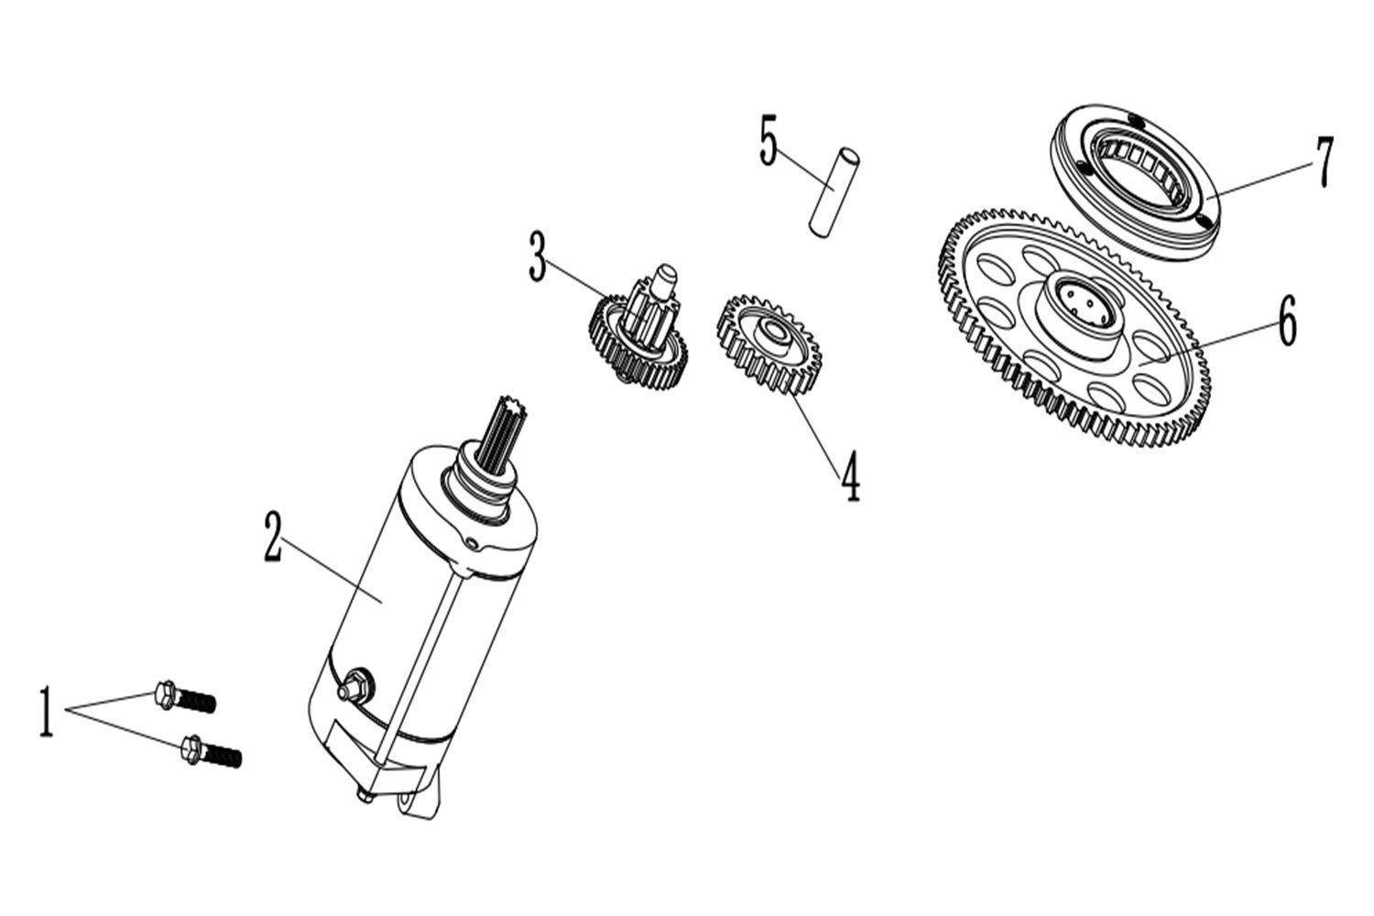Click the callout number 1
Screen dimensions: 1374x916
pos(46,712)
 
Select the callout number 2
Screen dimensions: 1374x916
pos(273,538)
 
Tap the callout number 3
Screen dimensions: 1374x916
pos(538,256)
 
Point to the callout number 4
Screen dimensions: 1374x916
pos(850,477)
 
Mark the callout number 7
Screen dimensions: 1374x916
pos(1325,162)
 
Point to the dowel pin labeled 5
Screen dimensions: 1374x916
pos(834,191)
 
